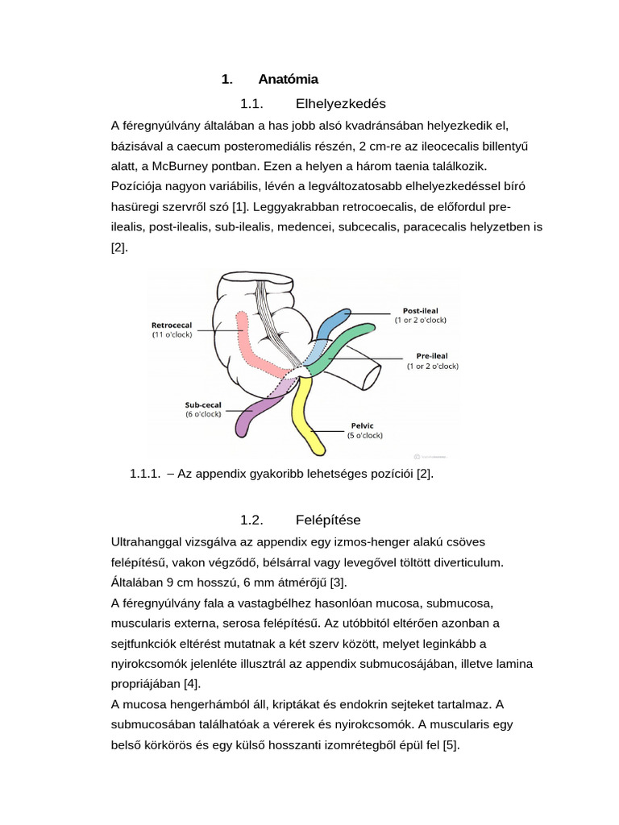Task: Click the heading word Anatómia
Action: (288, 79)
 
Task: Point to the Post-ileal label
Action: (419, 310)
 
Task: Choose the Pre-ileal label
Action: (432, 355)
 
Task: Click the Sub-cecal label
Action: (203, 404)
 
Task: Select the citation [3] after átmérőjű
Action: (338, 582)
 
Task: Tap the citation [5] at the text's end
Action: (450, 746)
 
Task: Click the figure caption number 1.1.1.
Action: (145, 474)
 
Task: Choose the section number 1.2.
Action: (252, 520)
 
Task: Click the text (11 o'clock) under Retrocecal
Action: (172, 334)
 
